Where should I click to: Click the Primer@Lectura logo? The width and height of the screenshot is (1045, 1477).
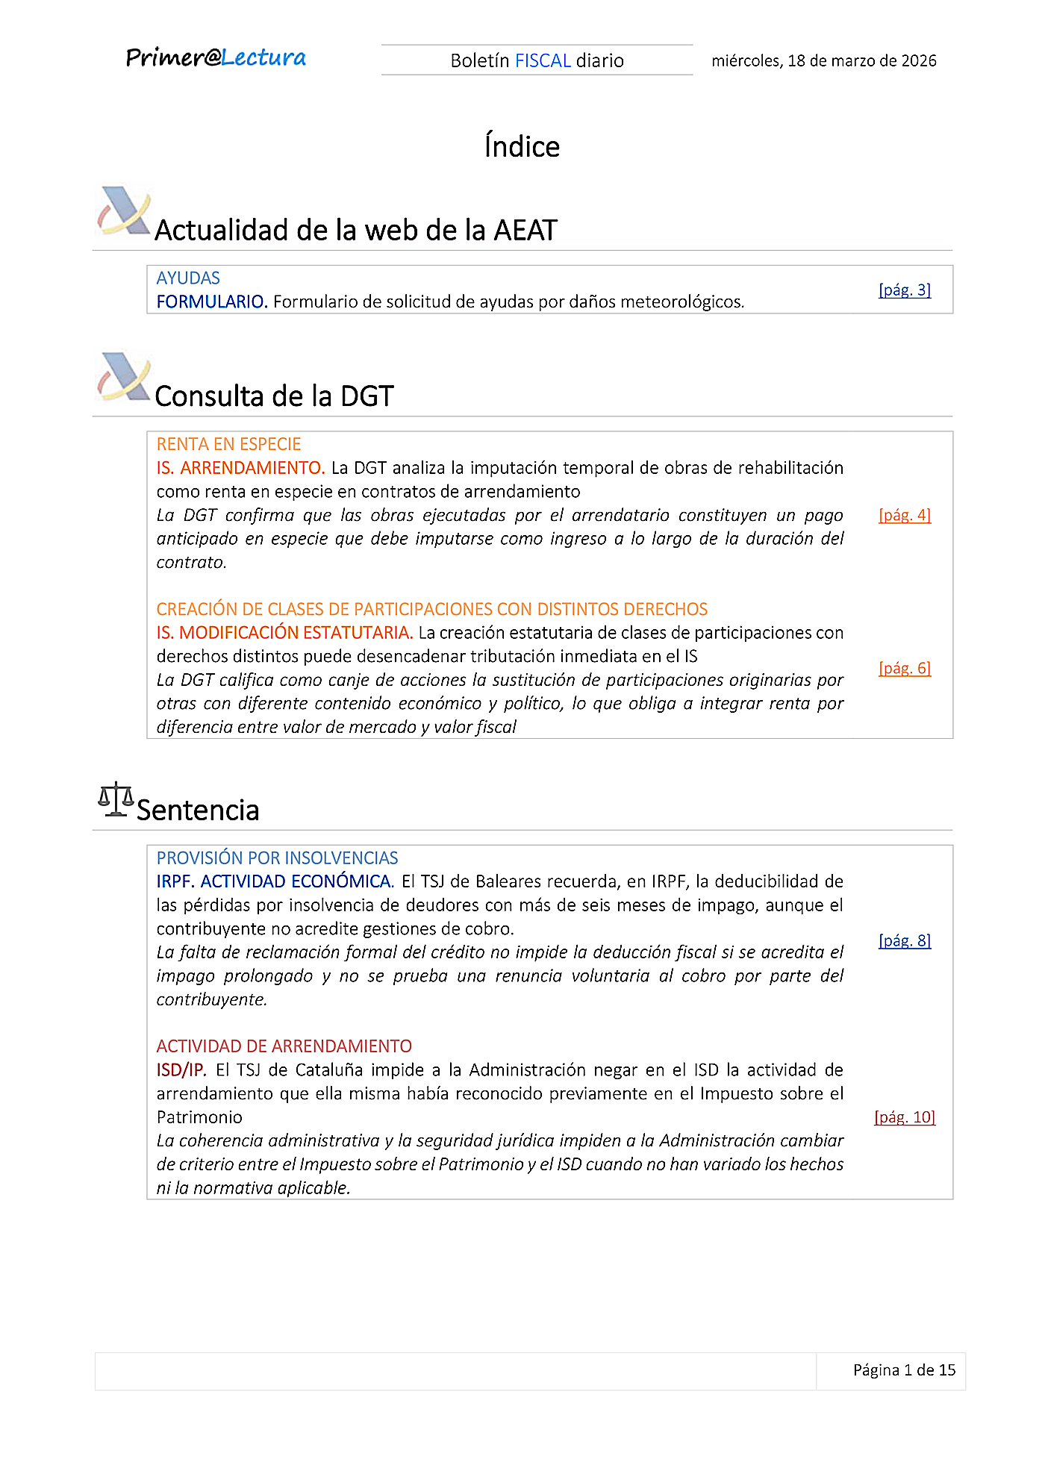(216, 57)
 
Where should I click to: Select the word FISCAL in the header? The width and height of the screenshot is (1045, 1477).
(543, 60)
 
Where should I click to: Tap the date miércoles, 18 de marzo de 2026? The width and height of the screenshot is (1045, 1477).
(823, 60)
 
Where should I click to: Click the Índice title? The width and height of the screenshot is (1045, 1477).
(522, 146)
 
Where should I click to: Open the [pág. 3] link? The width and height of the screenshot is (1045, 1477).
(904, 290)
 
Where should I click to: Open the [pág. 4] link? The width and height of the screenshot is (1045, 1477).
(904, 515)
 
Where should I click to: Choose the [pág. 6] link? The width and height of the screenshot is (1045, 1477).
(904, 668)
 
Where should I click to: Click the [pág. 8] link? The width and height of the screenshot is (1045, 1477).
(904, 940)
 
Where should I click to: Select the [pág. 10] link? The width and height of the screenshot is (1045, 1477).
(904, 1117)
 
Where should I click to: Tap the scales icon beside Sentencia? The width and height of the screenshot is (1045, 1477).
(116, 799)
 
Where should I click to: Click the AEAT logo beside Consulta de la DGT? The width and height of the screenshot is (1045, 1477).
(124, 377)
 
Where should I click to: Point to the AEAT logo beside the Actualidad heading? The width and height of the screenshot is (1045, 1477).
(124, 210)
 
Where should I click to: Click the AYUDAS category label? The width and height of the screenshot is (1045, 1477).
(188, 278)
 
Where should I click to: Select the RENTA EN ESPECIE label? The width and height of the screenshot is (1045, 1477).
(228, 445)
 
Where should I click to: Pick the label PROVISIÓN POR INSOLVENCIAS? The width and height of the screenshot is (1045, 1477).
(277, 858)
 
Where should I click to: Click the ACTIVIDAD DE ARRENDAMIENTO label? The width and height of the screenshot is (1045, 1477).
(284, 1046)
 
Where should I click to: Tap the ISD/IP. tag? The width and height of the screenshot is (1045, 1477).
(181, 1070)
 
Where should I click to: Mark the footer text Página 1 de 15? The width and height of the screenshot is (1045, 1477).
(904, 1370)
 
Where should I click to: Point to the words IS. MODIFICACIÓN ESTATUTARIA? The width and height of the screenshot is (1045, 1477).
(284, 633)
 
